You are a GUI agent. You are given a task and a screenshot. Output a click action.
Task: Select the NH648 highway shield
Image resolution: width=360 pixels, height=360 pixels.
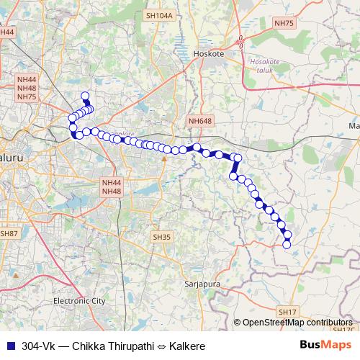click(197, 122)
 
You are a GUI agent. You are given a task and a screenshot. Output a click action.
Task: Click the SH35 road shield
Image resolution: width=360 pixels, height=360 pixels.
click(162, 236)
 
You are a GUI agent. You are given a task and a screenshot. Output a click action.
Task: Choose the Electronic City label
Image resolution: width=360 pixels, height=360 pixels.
click(80, 300)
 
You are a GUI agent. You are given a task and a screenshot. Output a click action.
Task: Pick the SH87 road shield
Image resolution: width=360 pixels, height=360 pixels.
click(9, 233)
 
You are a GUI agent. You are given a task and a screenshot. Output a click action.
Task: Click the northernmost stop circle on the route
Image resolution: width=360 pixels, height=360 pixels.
click(85, 96)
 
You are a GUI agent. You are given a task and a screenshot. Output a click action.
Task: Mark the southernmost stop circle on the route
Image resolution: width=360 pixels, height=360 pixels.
click(287, 245)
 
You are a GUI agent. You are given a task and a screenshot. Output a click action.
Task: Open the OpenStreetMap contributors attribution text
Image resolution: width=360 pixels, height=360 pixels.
click(298, 323)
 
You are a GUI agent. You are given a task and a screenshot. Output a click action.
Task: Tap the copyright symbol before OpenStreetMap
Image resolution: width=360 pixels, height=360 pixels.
click(238, 323)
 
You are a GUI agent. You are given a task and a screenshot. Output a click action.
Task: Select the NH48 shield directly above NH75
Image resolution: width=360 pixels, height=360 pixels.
click(27, 87)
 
